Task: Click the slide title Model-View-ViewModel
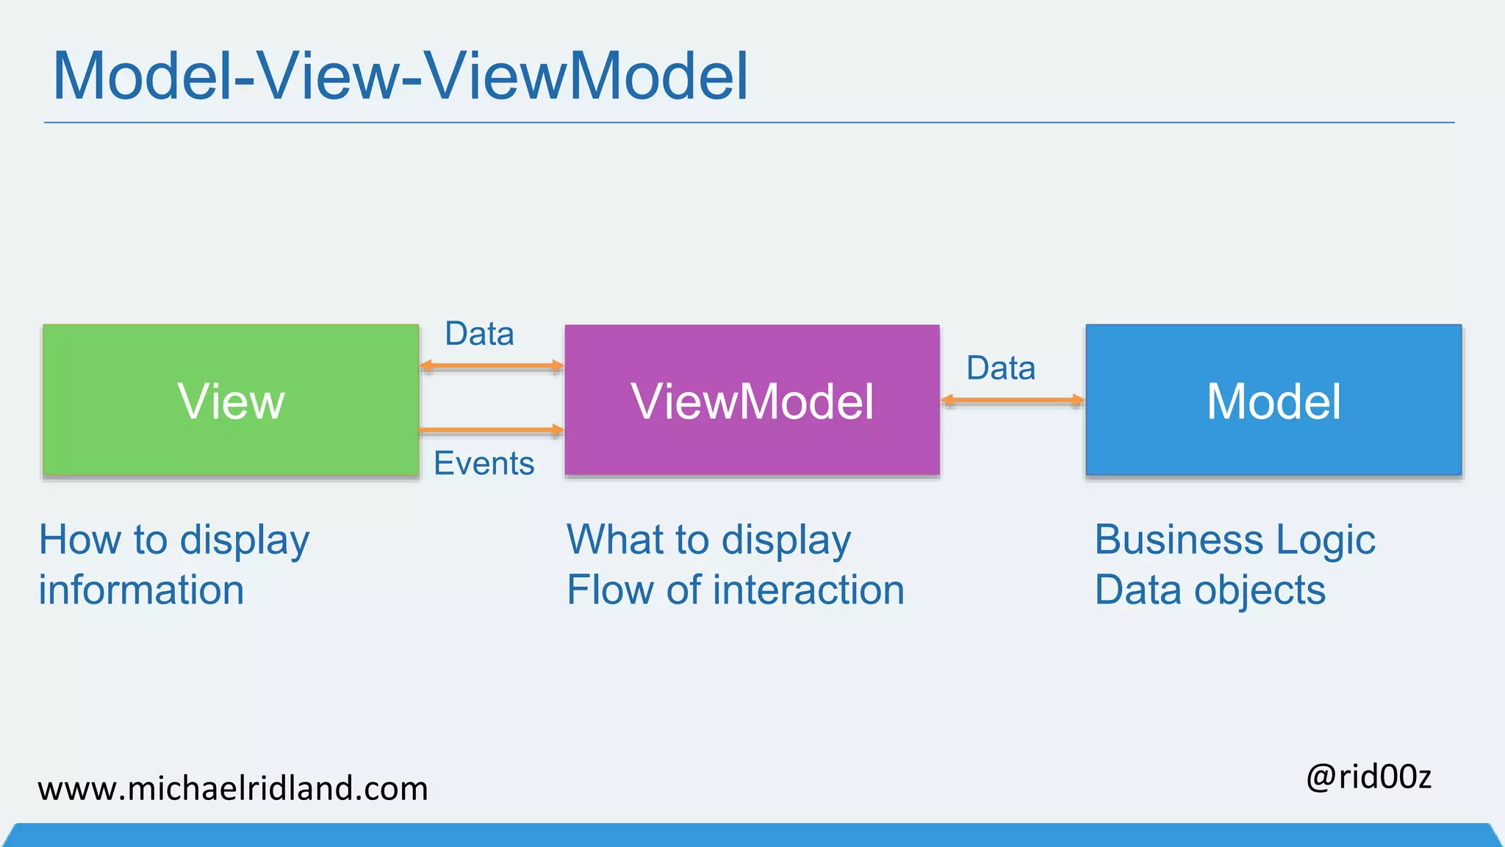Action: [401, 76]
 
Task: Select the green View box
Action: [231, 401]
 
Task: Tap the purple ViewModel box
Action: [752, 401]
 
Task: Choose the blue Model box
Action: [1274, 401]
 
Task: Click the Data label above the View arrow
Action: [479, 334]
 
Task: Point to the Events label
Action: [484, 463]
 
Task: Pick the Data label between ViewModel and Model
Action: [1001, 368]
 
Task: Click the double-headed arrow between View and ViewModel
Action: [492, 365]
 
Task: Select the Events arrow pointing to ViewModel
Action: [492, 429]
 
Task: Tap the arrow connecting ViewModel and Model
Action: [1013, 400]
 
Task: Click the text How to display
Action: [174, 540]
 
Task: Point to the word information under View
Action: [141, 590]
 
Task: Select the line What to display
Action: [708, 540]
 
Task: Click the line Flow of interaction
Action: [735, 590]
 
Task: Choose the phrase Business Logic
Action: [1235, 540]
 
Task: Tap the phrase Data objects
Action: [1210, 590]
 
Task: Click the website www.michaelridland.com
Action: [233, 789]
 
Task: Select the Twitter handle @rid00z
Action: [1368, 777]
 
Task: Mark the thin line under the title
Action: [750, 123]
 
